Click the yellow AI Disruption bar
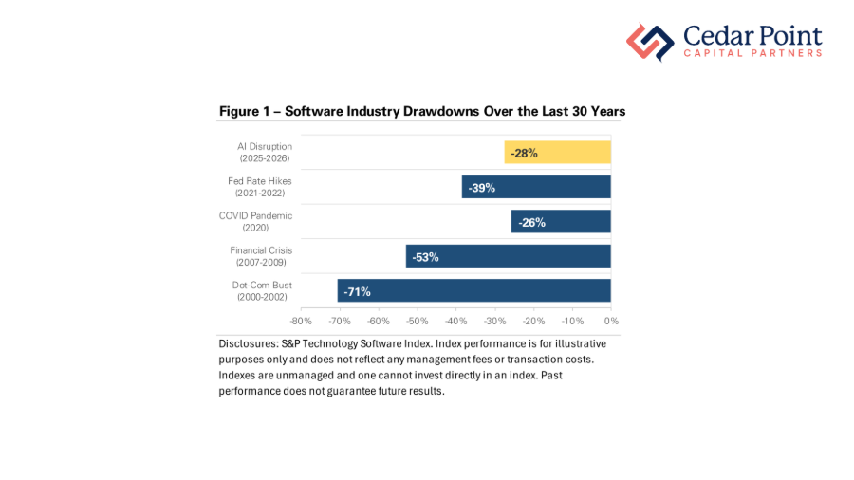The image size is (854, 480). point(558,152)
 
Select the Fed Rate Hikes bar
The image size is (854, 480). point(536,187)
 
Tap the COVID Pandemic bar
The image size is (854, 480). point(561,222)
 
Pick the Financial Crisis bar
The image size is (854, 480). point(509,256)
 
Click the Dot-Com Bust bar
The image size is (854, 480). point(474,290)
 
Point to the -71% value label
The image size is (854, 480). point(357,291)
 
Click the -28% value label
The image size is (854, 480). point(524,153)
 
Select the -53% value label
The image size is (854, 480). point(425,257)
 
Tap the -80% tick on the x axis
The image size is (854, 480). point(302,321)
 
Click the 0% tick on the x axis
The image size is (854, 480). point(611,321)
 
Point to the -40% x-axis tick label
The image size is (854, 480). point(456,321)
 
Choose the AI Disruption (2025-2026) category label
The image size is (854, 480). point(265,152)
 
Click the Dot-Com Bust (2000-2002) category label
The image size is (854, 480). point(262,290)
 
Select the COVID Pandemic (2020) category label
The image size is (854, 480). point(256,221)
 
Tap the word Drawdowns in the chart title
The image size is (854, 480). point(439,112)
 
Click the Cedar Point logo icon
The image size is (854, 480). point(649,42)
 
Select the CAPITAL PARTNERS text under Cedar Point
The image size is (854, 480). point(752,54)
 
